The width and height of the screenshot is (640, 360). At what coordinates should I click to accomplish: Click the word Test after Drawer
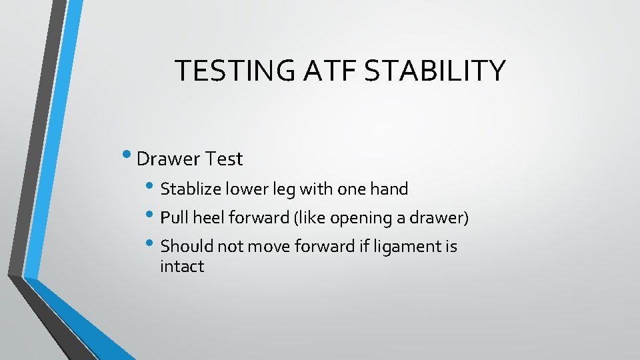tap(225, 159)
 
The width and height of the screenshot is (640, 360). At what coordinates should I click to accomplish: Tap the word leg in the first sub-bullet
tap(285, 190)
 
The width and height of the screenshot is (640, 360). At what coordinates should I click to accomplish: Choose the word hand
tap(389, 189)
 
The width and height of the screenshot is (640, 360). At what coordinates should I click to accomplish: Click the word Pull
tap(174, 217)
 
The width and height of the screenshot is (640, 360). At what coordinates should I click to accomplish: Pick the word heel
tap(208, 217)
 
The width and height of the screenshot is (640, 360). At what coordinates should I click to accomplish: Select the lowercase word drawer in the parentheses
tap(437, 217)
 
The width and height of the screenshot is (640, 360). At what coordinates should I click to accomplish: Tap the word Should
tap(185, 246)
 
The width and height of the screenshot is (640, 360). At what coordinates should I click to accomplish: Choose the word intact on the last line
tap(181, 267)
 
